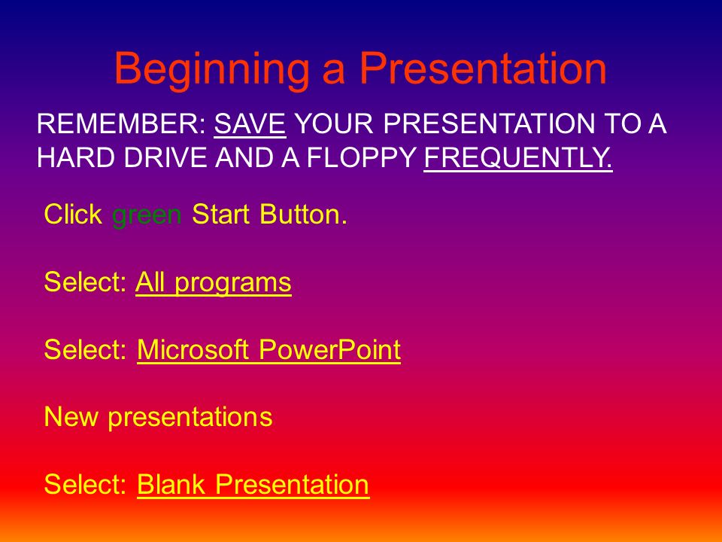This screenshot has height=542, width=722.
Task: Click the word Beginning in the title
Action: click(212, 70)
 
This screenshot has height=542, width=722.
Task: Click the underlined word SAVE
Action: click(250, 123)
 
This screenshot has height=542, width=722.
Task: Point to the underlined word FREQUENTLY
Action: click(518, 157)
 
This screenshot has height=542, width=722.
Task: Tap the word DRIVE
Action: click(165, 157)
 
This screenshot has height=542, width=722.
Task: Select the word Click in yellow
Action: click(73, 215)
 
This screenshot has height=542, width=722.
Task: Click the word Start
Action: click(221, 215)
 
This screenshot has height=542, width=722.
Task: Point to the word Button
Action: click(303, 215)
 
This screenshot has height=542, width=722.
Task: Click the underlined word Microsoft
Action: click(193, 349)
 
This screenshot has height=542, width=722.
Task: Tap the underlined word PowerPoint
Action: click(329, 349)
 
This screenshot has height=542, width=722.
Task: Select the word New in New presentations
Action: click(71, 416)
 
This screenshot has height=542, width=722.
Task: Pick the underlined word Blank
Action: click(171, 484)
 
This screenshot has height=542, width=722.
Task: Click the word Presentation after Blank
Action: click(293, 484)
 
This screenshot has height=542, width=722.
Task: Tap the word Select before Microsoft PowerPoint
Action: click(85, 349)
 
